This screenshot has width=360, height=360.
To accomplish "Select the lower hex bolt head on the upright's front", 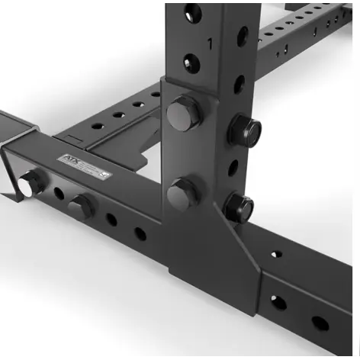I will pyautogui.click(x=181, y=192).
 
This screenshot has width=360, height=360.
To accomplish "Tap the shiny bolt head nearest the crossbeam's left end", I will pyautogui.click(x=32, y=182).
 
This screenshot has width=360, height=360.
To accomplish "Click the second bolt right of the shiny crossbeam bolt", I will pyautogui.click(x=80, y=204).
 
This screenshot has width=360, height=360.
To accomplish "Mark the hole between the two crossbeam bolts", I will pyautogui.click(x=59, y=194).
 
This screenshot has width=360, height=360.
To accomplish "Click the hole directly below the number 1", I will pyautogui.click(x=191, y=63).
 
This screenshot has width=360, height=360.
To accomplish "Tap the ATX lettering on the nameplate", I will pyautogui.click(x=69, y=160).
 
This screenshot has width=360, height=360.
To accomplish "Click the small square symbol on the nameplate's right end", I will pyautogui.click(x=104, y=174).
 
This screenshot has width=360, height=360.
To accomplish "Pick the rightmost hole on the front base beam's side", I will pyautogui.click(x=320, y=323).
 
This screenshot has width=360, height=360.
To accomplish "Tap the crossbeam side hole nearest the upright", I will pyautogui.click(x=140, y=233).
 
